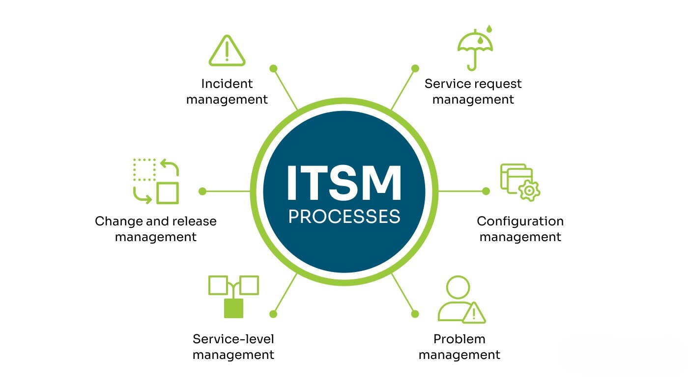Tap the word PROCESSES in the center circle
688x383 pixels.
click(344, 217)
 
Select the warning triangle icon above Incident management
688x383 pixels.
click(227, 51)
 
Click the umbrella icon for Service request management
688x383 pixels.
click(475, 47)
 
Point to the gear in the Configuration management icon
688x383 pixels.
click(529, 190)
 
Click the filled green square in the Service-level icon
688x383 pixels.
click(233, 308)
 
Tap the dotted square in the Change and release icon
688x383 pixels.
click(144, 169)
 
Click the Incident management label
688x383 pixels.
click(227, 92)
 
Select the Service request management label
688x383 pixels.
click(473, 92)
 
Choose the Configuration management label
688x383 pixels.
click(520, 229)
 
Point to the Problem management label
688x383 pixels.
click(459, 347)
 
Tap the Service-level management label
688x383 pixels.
click(233, 347)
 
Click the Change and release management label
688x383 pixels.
click(156, 229)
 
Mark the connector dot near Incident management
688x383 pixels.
click(273, 68)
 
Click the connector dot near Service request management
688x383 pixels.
click(415, 68)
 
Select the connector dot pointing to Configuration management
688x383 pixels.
click(486, 191)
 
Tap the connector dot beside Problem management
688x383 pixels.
click(415, 313)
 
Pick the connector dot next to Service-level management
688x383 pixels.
click(273, 313)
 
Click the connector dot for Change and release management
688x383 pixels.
click(202, 191)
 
